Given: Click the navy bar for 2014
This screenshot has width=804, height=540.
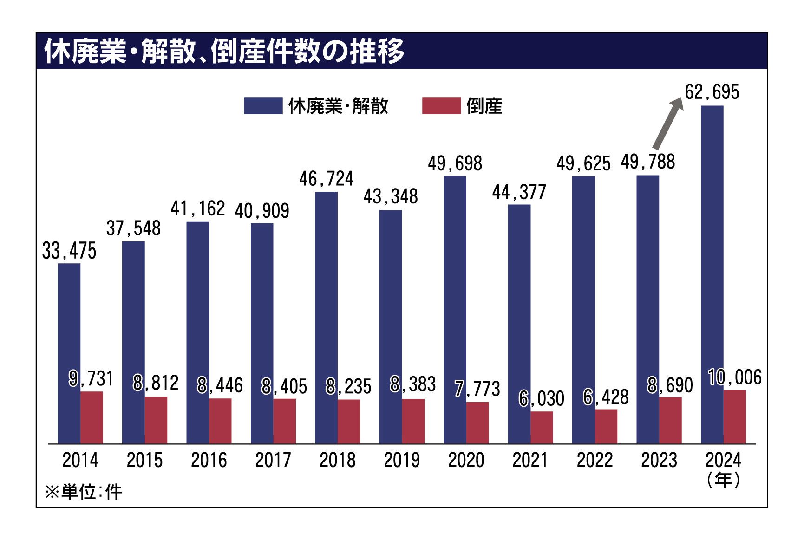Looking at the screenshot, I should pos(69,353).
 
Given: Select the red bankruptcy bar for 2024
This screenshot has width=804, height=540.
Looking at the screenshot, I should pos(735,417).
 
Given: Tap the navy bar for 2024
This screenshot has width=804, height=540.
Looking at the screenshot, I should pos(712,274).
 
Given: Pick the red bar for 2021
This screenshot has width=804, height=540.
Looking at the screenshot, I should pos(542,428).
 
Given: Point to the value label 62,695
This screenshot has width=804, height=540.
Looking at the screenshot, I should pos(712,92).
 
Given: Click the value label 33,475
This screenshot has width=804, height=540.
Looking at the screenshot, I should pos(69,251).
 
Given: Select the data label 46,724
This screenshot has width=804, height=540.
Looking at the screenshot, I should pos(326,179).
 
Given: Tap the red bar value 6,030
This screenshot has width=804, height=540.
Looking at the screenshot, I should pos(542,398).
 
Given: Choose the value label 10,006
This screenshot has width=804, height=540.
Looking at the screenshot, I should pos(735,377).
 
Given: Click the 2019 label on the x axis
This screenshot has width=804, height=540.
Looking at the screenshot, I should pos(402,460).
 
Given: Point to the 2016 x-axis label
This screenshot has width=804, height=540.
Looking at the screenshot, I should pos(209,460).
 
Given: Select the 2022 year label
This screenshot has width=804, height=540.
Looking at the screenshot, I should pos(595,460).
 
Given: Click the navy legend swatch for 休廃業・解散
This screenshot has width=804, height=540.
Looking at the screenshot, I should pos(263,106).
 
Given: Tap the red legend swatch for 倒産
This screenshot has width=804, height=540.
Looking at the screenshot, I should pos(441,106).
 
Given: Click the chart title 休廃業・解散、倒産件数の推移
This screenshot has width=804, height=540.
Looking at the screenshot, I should pos(224,51).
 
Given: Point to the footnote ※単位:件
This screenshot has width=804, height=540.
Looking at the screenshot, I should pos(84,492).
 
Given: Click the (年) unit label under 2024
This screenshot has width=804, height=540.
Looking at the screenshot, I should pos(723,480).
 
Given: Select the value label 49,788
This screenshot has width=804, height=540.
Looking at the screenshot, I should pos(647,162).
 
